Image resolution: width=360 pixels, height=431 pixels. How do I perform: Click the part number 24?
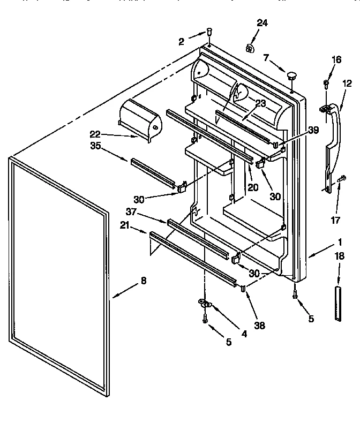coord(262,22)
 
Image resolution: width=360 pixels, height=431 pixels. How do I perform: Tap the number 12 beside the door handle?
coord(347,83)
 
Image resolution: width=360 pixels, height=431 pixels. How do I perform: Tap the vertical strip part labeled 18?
coord(337,304)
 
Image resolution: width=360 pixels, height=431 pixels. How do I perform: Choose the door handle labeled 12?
coord(332,139)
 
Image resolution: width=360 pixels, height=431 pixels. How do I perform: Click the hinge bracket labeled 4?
coord(206,305)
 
